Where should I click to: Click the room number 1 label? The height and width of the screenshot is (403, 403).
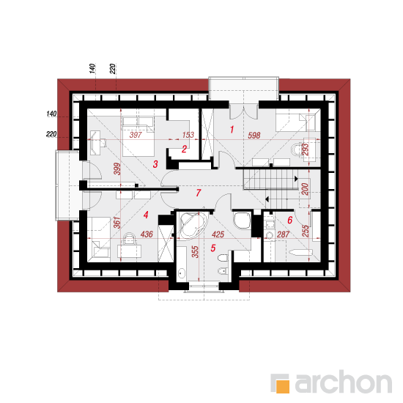click(232, 129)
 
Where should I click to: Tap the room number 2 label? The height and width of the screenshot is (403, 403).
click(184, 149)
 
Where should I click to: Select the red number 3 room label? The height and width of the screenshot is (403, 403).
click(155, 164)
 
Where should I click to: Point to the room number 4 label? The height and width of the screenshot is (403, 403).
click(146, 215)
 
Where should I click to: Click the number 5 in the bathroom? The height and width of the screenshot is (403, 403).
click(213, 248)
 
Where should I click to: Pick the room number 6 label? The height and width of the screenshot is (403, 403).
click(290, 220)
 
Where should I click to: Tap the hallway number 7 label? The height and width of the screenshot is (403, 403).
click(198, 193)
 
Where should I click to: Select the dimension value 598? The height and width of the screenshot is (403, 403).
click(254, 136)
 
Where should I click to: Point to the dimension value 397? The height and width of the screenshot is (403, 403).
click(136, 135)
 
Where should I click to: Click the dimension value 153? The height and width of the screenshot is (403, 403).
click(188, 135)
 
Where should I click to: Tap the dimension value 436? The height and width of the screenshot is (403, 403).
click(147, 234)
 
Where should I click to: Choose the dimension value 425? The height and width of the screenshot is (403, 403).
click(218, 234)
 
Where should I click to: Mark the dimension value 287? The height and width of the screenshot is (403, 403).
click(283, 234)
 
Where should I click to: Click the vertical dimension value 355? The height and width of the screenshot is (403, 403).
click(196, 252)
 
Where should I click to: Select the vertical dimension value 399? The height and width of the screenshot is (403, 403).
click(117, 169)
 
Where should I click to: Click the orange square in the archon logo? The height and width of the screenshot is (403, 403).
click(282, 386)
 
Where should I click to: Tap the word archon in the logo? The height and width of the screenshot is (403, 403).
click(344, 382)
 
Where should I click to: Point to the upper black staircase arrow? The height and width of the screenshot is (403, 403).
click(296, 179)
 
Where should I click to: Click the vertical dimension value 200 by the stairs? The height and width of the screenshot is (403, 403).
click(305, 189)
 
